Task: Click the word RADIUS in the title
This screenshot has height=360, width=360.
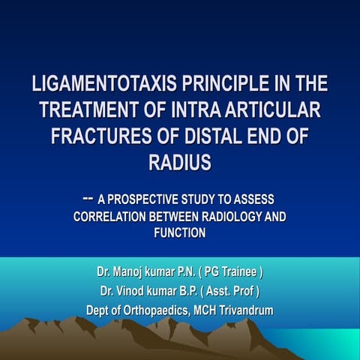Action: coord(180,162)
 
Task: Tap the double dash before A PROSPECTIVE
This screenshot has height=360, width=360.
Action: coord(87,198)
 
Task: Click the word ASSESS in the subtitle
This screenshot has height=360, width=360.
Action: coord(252,201)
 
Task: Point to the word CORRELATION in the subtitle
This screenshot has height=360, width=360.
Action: coord(111,217)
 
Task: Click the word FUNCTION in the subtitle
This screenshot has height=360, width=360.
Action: coord(180,233)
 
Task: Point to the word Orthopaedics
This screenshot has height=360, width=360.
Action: coord(155,310)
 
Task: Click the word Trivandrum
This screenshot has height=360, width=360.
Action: coord(244,310)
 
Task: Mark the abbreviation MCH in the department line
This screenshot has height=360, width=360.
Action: coord(201,310)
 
